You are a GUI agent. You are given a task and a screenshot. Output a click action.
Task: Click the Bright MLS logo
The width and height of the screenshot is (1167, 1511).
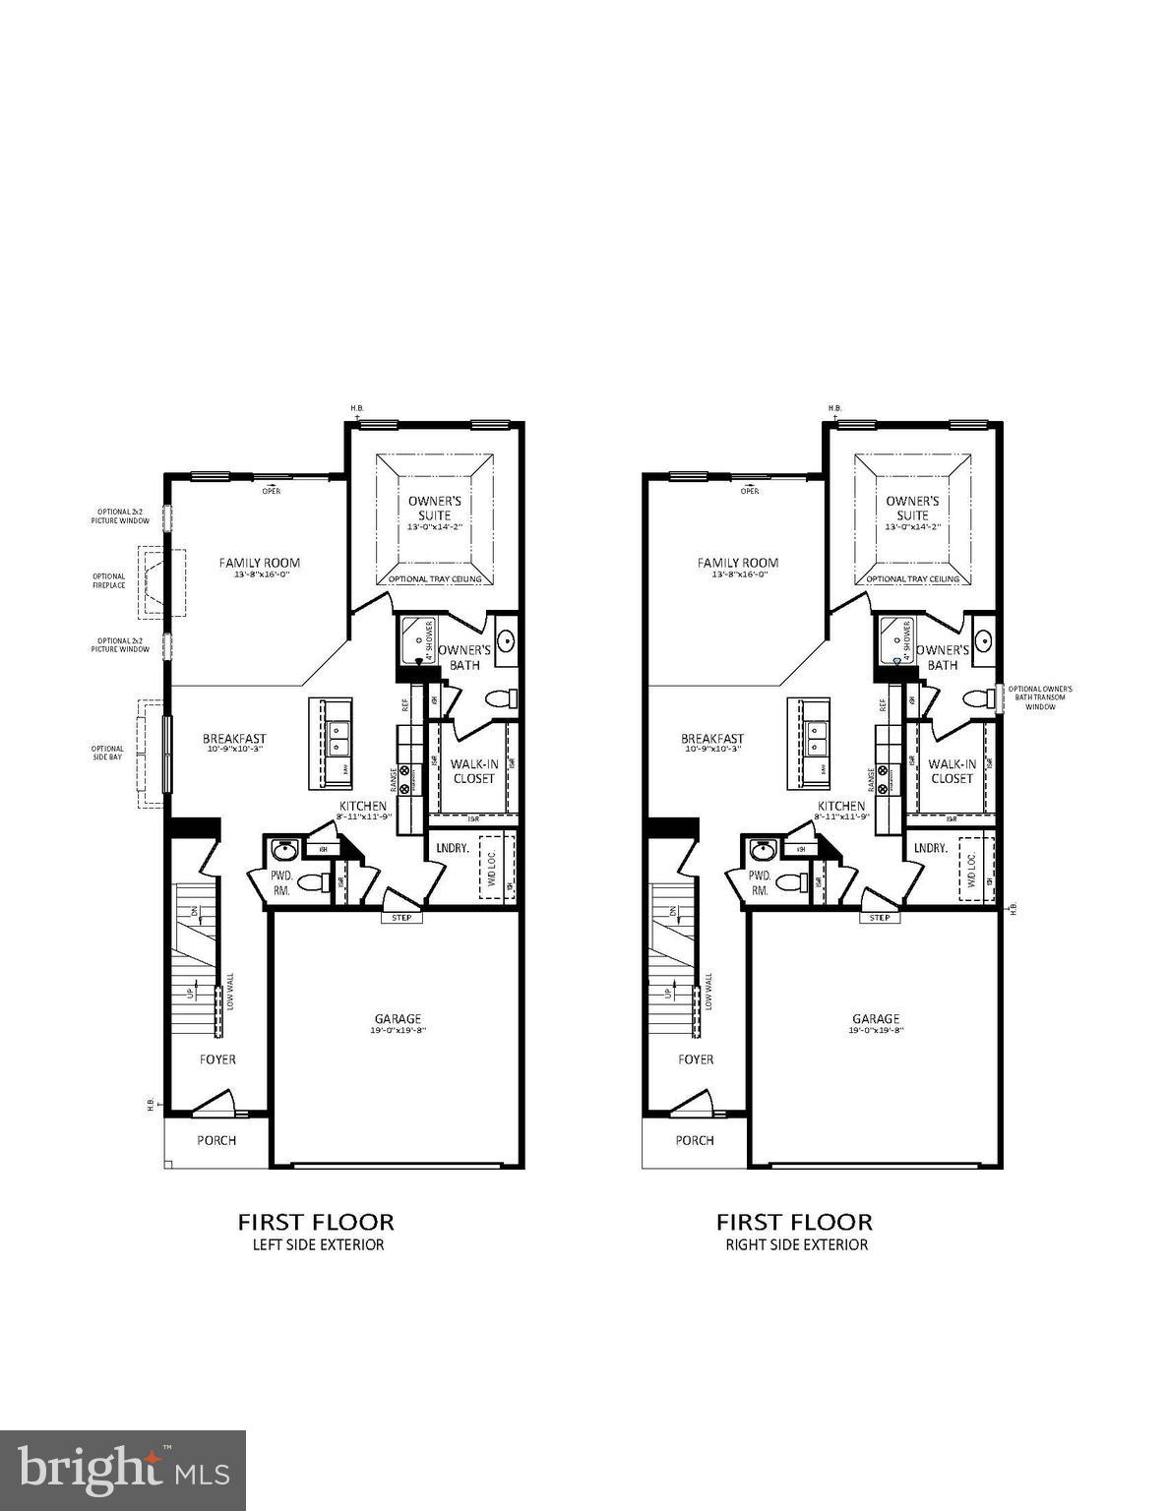point(123,1470)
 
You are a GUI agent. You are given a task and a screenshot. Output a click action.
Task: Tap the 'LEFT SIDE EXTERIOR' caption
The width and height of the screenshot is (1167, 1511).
point(316,1244)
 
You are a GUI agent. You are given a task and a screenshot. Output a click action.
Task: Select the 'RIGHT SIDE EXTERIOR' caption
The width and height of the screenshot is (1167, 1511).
point(796,1244)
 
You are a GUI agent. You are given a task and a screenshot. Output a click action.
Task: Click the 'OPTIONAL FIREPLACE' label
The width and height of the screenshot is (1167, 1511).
point(109,580)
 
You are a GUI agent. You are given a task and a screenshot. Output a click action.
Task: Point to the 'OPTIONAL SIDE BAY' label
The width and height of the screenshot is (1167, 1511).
point(108,754)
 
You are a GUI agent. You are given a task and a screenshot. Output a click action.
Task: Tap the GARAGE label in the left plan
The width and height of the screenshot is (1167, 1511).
point(398,1019)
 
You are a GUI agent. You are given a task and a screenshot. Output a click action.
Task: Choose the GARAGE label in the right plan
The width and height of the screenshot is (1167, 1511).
point(876,1019)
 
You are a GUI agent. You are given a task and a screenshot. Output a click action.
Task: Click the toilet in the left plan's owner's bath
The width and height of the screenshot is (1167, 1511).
point(503,699)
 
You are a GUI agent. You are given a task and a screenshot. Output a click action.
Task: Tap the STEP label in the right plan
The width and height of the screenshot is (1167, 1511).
point(880,918)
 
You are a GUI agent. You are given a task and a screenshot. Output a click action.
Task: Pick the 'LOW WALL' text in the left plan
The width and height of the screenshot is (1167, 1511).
point(230,992)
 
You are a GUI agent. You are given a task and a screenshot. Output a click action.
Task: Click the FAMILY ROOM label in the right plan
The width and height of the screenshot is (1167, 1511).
point(738,563)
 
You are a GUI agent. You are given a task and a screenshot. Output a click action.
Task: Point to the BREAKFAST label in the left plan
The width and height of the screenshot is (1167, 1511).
point(234,739)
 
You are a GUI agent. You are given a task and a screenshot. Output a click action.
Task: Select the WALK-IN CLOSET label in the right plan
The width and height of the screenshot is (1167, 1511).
point(952,770)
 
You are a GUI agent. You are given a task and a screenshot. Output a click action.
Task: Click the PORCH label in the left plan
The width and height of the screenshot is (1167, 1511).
point(216,1140)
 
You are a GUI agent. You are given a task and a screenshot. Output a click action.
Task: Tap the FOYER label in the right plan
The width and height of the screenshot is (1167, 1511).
point(696,1059)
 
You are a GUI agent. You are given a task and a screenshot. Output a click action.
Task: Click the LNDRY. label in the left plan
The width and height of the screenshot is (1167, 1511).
point(452,848)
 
